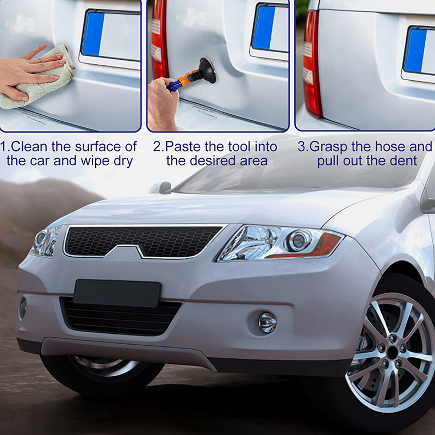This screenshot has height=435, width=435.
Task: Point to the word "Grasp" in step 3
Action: (328, 147)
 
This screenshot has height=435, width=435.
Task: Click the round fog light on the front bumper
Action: (268, 322)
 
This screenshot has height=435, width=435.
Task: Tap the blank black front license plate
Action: (117, 293)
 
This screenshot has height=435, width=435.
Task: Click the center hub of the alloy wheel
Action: (393, 352)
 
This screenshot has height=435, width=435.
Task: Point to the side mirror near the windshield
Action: (161, 188)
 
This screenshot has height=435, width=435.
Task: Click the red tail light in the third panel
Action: (312, 63)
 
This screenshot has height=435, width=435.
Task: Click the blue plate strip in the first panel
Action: (93, 34)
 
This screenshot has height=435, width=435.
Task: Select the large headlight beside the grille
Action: (280, 243)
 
